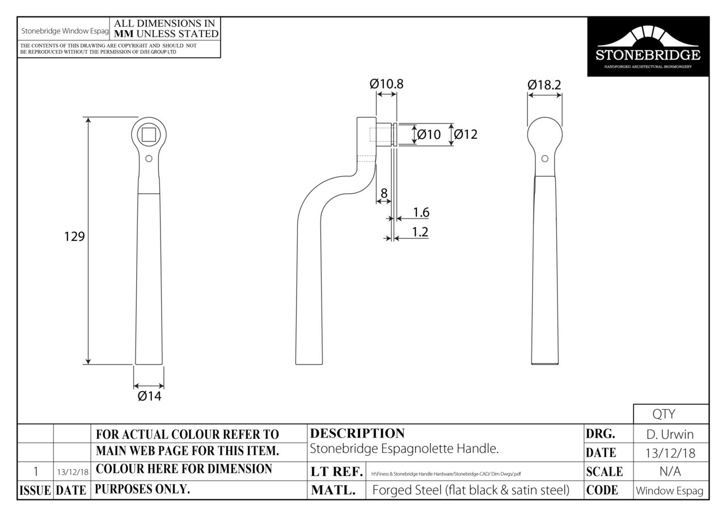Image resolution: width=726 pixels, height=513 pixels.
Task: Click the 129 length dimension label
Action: (x=74, y=236)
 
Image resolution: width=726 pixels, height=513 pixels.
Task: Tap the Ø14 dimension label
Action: (x=149, y=396)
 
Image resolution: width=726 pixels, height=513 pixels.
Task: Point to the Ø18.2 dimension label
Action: (x=544, y=85)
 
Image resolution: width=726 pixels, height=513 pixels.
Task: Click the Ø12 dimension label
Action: (x=466, y=134)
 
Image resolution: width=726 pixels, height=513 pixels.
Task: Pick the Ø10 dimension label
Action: (x=429, y=134)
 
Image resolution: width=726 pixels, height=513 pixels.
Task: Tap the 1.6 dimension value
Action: (x=421, y=213)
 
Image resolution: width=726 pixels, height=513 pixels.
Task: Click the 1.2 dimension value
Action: (x=420, y=232)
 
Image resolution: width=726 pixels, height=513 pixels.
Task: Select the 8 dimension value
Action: (x=384, y=193)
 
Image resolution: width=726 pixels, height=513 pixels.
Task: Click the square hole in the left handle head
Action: (x=149, y=134)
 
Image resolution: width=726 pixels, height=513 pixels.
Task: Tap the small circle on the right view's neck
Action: (x=544, y=159)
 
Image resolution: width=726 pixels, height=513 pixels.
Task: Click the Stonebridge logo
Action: (x=648, y=47)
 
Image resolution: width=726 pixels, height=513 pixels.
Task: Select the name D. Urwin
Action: (x=670, y=435)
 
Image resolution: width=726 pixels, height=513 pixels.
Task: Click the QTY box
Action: (x=670, y=414)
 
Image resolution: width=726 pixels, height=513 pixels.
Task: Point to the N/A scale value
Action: (x=670, y=472)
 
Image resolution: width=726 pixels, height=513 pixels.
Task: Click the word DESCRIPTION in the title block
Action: (x=357, y=434)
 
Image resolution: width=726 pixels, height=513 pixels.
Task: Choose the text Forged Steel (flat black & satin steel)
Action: (x=471, y=490)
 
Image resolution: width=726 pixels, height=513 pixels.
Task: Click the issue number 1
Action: (x=36, y=472)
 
